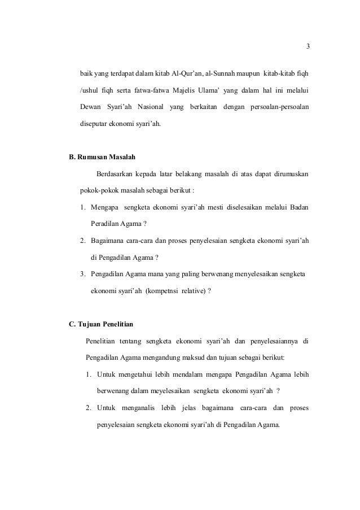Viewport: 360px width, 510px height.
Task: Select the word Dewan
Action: pyautogui.click(x=89, y=107)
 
